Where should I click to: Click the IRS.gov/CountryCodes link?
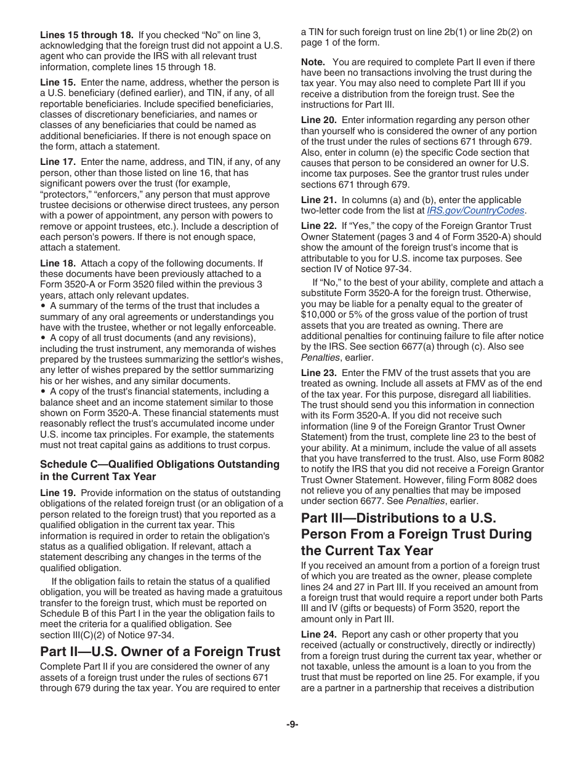point(475,210)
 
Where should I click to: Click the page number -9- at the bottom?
point(292,724)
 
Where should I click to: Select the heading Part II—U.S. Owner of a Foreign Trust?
point(160,651)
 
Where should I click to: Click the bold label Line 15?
point(58,82)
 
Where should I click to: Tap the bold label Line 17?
point(58,162)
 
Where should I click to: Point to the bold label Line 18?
point(58,263)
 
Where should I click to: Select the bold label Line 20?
point(318,120)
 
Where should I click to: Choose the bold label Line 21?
point(318,200)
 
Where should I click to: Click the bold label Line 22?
point(318,226)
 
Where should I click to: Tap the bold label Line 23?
point(318,373)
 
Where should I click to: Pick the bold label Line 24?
point(318,635)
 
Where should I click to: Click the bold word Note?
point(313,62)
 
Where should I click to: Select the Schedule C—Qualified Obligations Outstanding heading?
point(159,464)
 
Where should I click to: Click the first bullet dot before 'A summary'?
point(43,306)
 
